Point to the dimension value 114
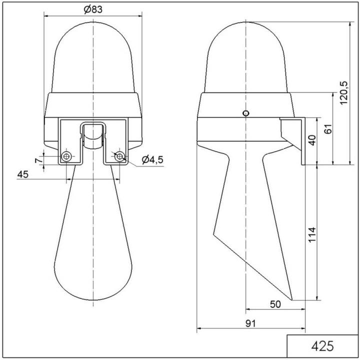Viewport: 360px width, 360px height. tap(311, 235)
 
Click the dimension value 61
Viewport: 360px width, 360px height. tap(328, 128)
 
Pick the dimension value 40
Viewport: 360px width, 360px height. tap(311, 140)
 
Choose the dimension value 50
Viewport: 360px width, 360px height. tap(275, 303)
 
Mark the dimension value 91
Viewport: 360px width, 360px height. tap(251, 323)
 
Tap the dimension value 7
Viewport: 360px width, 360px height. tap(36, 159)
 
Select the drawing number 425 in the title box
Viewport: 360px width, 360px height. tap(322, 346)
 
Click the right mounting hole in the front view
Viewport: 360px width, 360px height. tap(119, 157)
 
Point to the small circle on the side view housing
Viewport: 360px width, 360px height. tap(245, 113)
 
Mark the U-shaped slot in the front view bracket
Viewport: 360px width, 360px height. tap(93, 135)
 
